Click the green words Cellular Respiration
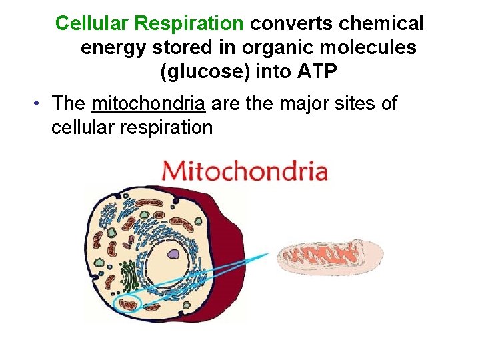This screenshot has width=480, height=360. (x=149, y=23)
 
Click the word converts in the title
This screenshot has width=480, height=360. (x=291, y=23)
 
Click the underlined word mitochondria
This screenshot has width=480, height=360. (x=149, y=104)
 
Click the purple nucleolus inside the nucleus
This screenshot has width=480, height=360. (x=173, y=253)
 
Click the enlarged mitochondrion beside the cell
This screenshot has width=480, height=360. (x=330, y=257)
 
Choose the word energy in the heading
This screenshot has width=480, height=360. (x=109, y=48)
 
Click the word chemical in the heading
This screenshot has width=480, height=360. (x=381, y=23)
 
